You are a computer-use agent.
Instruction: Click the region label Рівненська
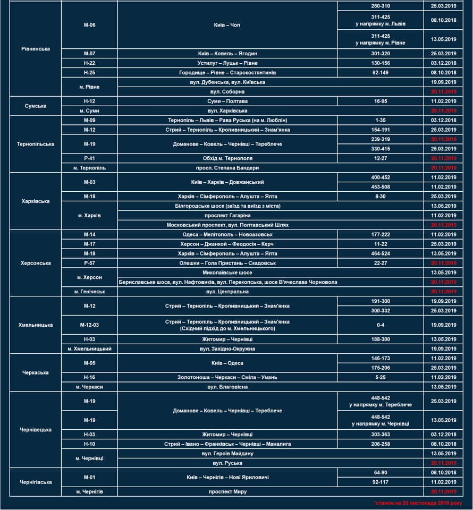tap(36, 49)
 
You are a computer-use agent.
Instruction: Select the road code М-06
tap(89, 25)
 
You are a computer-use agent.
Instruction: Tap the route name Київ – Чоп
tap(227, 25)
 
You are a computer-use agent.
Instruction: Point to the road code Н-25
tap(89, 72)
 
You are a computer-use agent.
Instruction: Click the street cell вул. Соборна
tap(227, 91)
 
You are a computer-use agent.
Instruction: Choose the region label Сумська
tap(36, 106)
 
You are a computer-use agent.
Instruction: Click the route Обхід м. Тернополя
tap(227, 158)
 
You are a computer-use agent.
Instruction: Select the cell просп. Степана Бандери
tap(227, 168)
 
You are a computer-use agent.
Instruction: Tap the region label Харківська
tap(36, 201)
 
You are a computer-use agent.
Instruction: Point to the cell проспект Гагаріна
tap(227, 216)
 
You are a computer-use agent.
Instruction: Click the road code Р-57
tap(89, 263)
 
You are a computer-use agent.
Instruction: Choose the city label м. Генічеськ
tap(89, 292)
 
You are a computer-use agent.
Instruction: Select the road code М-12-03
tap(89, 325)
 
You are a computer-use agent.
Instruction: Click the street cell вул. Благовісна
tap(227, 387)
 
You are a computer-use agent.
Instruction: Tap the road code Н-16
tap(89, 377)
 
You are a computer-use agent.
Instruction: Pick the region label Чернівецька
tap(36, 430)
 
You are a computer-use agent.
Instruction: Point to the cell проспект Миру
tap(227, 492)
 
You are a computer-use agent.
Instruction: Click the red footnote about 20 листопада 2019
tap(417, 503)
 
